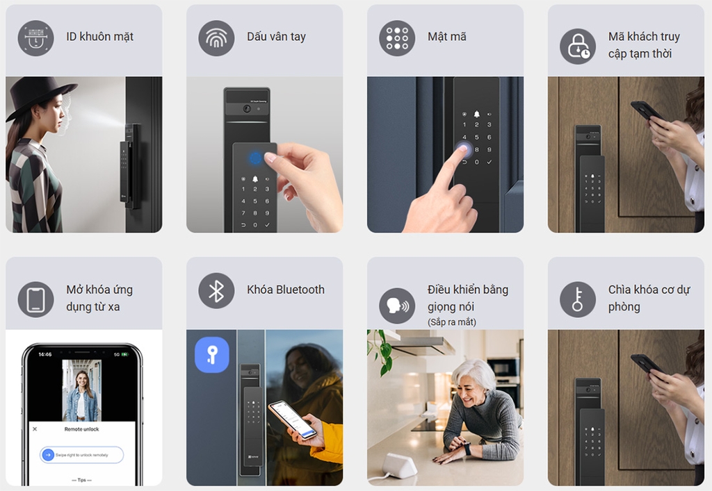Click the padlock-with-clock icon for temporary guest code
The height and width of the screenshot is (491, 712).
coord(578,46)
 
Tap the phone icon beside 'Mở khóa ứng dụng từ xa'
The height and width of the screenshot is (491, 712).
coord(35,299)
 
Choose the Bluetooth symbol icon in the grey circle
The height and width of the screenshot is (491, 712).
coord(216,290)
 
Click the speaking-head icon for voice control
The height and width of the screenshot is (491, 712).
coord(397,306)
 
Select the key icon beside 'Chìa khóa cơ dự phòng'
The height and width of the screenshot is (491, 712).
coord(578,299)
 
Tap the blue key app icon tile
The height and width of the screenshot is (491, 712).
coord(212,354)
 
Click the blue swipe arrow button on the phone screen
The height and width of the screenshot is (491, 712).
coord(48,455)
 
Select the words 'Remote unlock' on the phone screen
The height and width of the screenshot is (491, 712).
coord(82,429)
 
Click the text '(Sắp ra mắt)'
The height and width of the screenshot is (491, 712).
coord(452,322)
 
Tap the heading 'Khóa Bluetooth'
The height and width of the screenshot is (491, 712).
coord(286,290)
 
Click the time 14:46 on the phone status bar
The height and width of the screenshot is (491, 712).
coord(44,354)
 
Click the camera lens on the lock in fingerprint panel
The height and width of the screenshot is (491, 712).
coord(247,110)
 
